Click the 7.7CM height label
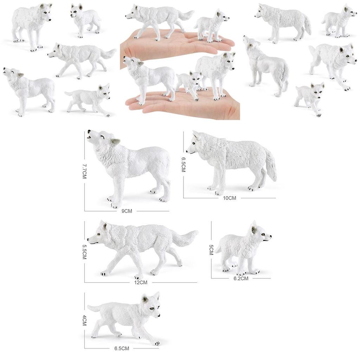[x=84, y=171]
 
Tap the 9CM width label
[x=127, y=211]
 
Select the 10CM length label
[x=230, y=198]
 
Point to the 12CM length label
[x=141, y=282]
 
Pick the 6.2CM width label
[x=241, y=278]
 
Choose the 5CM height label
[x=211, y=250]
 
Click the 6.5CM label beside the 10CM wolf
[x=183, y=164]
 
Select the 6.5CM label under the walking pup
[x=122, y=348]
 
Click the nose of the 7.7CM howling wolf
[x=89, y=131]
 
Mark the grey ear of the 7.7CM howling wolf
[x=115, y=142]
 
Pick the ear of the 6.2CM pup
[x=254, y=229]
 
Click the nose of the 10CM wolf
[x=187, y=152]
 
